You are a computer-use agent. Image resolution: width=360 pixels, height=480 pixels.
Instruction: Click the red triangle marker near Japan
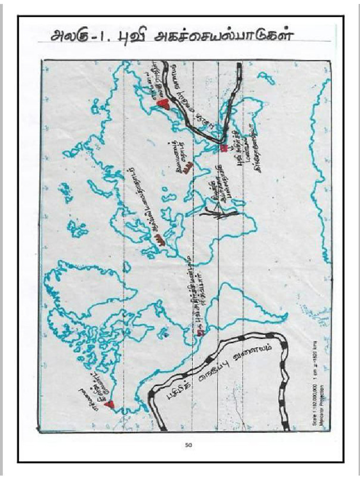(x=162, y=104)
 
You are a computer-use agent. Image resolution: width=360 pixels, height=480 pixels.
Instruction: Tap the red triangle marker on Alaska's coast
(x=110, y=404)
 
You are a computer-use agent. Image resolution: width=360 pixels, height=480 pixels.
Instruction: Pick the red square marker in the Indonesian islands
(x=224, y=148)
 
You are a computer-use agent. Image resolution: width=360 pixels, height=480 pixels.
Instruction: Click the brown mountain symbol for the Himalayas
(x=187, y=166)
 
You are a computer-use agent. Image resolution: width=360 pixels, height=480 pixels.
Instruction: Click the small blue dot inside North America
(x=164, y=335)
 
